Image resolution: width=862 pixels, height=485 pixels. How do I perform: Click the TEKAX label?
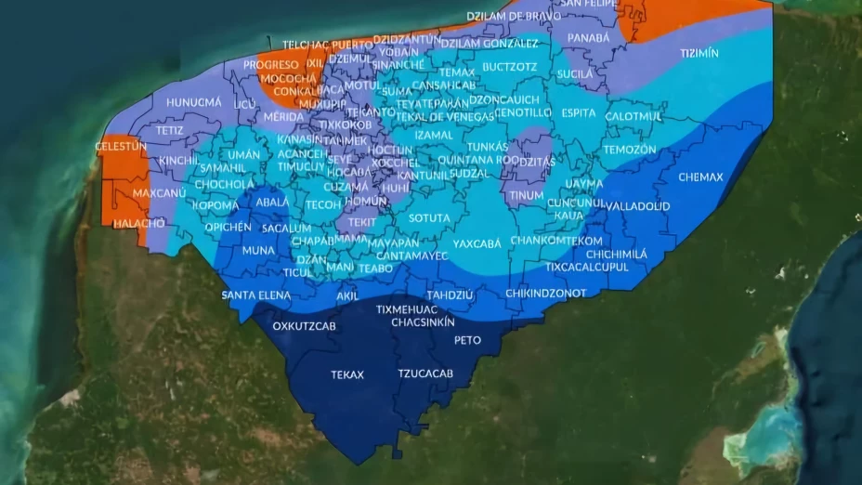pos(347,375)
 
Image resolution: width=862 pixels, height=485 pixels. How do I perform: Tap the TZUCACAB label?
pos(425,374)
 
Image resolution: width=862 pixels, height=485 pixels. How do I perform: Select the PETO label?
pos(467,340)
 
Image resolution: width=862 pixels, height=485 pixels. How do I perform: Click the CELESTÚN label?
pos(121,147)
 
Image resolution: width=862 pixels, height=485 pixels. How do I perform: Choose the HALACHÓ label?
pos(140,223)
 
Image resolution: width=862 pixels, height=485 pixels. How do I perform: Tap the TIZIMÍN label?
pos(699,54)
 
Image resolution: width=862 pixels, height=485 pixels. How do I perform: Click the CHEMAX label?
pos(700,177)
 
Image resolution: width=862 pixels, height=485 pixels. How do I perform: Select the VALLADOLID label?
pos(638,205)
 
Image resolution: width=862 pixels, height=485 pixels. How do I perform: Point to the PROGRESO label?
pos(271,65)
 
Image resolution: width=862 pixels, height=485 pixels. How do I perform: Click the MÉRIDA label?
pos(283,117)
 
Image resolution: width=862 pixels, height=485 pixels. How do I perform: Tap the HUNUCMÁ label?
pos(194,101)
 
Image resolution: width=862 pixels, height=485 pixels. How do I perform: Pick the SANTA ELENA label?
pos(255,295)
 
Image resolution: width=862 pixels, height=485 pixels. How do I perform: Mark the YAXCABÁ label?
pos(477,243)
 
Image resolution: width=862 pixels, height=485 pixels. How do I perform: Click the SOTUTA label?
pos(429,217)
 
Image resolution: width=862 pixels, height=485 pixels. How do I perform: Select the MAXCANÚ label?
pos(160,193)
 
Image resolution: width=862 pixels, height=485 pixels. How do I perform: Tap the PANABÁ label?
pos(589,38)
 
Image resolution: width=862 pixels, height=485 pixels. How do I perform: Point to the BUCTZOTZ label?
pos(510,67)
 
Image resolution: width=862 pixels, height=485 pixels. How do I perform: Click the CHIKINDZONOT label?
pos(546,294)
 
